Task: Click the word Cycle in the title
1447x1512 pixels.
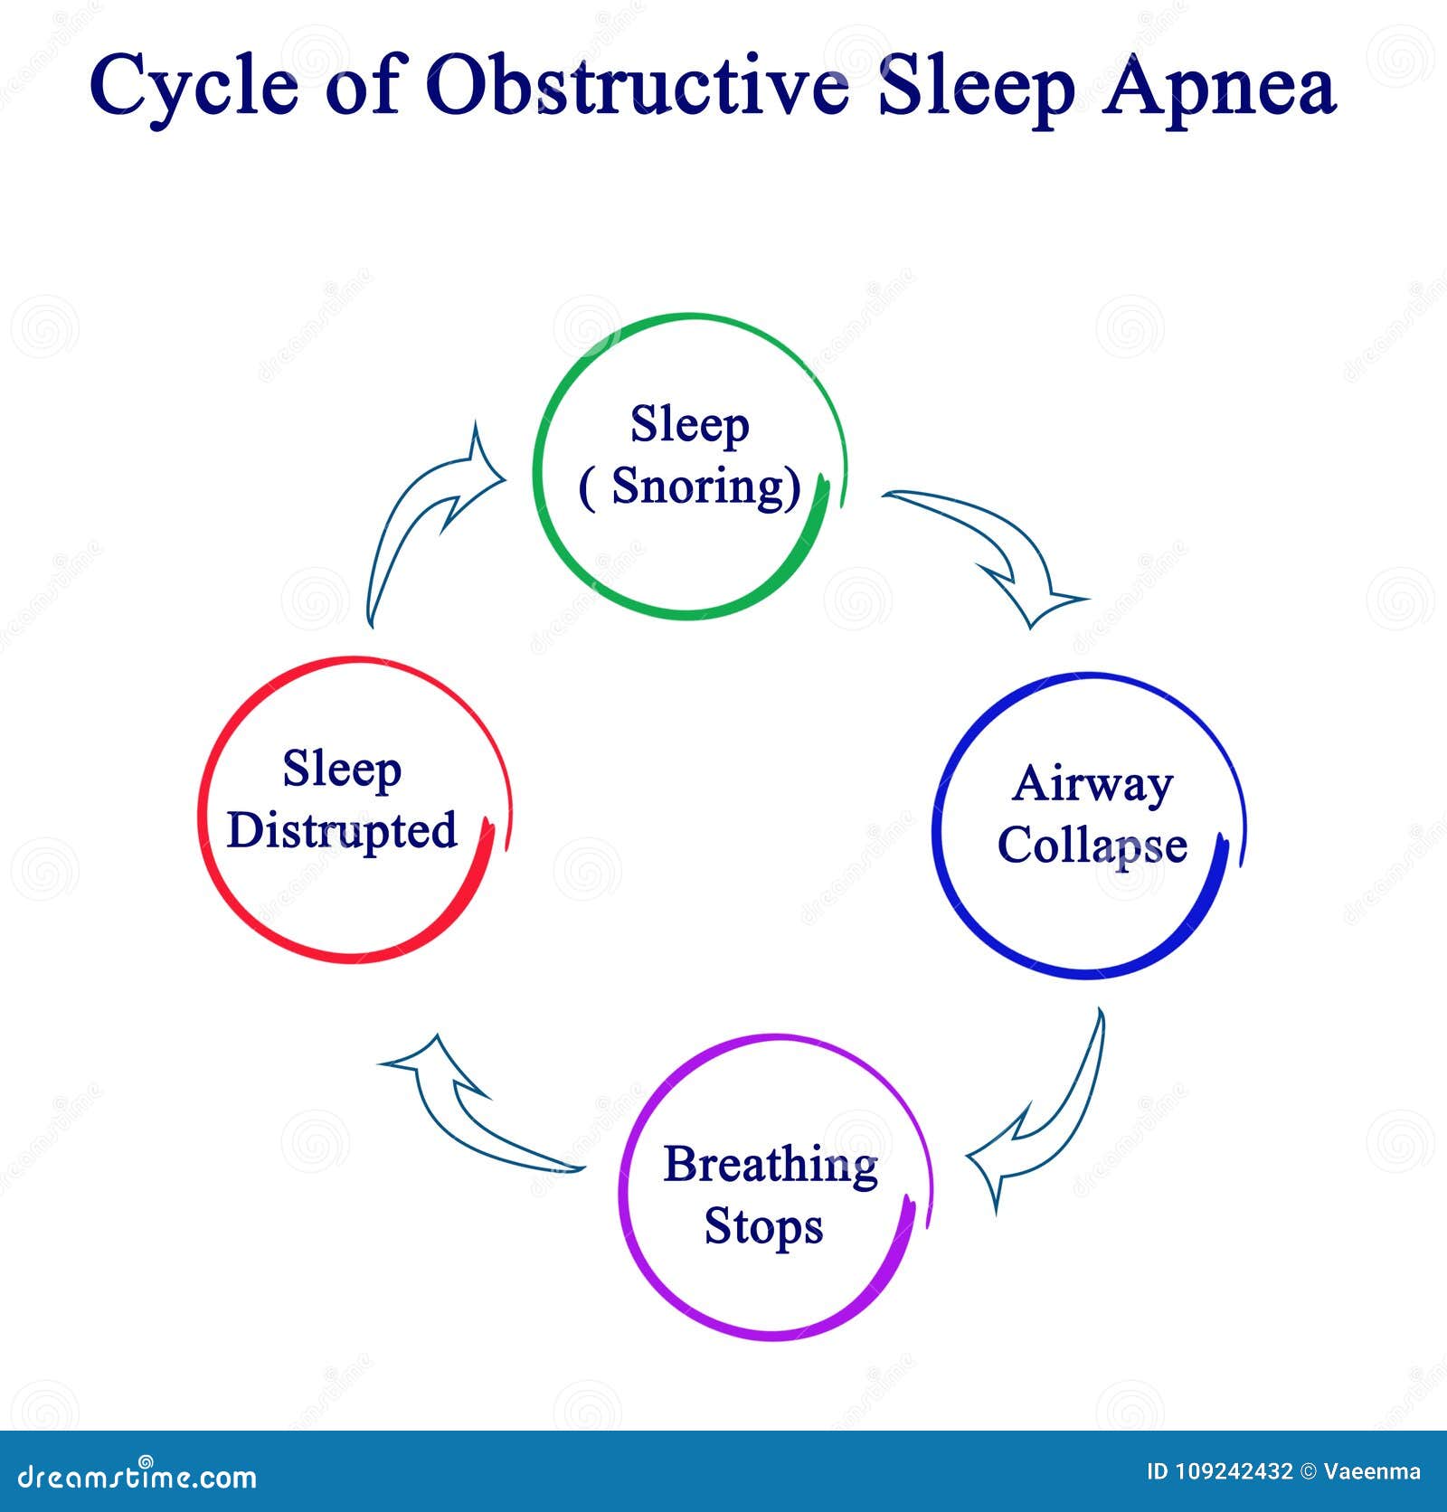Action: (x=194, y=88)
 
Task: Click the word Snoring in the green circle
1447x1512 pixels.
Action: (x=705, y=487)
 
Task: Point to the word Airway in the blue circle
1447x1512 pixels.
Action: (x=1092, y=783)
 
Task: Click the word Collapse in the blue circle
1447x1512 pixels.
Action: (x=1092, y=846)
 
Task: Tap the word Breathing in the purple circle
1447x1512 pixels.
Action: (x=771, y=1166)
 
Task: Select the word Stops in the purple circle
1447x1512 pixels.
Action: (x=763, y=1227)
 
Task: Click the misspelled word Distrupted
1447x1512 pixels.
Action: (x=342, y=830)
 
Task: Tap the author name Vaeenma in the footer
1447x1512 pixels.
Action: (x=1372, y=1472)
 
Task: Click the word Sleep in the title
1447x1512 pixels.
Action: (x=977, y=88)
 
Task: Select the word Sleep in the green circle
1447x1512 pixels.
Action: (x=689, y=425)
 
